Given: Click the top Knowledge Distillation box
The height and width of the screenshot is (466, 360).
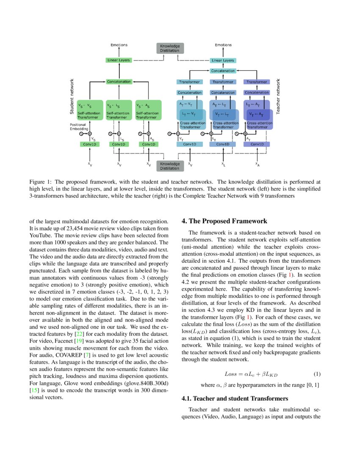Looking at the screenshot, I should [x=169, y=48].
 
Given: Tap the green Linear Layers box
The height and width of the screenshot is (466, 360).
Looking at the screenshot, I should [x=118, y=61].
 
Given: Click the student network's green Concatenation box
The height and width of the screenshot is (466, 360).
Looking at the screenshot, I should [x=119, y=81].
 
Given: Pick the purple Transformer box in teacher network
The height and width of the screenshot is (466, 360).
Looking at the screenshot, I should [x=257, y=82].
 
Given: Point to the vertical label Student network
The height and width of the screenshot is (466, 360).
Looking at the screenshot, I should [x=72, y=96].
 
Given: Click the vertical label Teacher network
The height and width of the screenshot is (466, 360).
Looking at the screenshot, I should [x=278, y=96].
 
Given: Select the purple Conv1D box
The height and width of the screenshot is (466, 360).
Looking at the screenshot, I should [x=257, y=144].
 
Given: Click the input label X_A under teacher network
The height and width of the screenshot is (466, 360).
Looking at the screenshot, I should [x=257, y=164].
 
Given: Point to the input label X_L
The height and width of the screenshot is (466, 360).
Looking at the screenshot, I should [x=223, y=164].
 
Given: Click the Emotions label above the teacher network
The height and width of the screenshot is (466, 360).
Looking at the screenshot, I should [x=223, y=45].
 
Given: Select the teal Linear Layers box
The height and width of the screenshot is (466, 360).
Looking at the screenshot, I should [x=223, y=61].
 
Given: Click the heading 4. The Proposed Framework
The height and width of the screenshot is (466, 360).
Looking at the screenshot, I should [x=224, y=221].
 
